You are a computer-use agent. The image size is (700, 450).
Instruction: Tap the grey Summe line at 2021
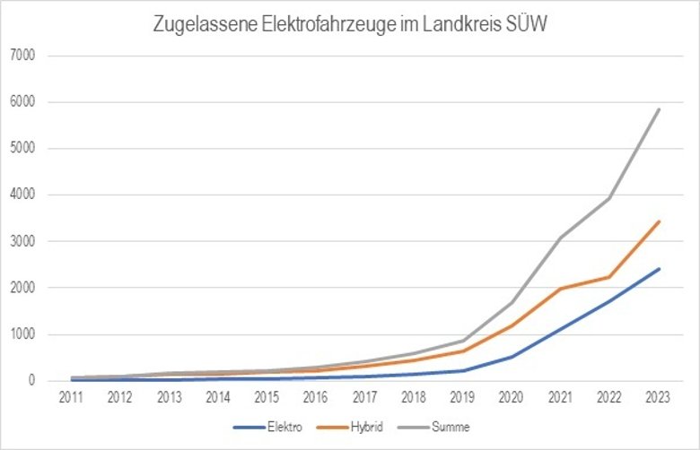click(x=561, y=238)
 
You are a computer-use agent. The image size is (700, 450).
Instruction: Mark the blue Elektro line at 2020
click(x=512, y=357)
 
